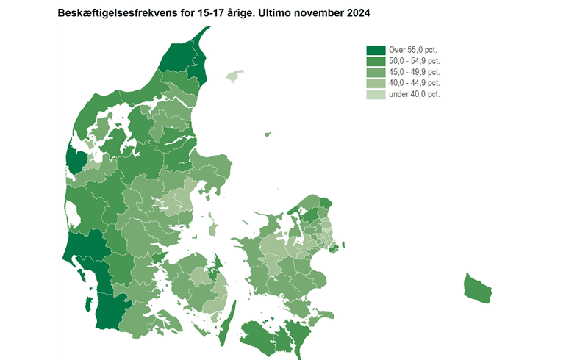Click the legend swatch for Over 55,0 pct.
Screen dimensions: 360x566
[376, 50]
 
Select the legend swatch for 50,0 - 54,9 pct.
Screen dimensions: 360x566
[376, 61]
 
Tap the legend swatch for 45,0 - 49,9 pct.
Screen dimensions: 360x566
[376, 72]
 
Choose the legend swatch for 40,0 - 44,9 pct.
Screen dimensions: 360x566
[376, 83]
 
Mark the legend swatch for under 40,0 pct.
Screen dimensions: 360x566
[376, 94]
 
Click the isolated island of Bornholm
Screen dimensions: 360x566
[478, 287]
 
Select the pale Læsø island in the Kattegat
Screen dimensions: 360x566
[234, 76]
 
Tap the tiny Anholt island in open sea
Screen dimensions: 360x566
[268, 134]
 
